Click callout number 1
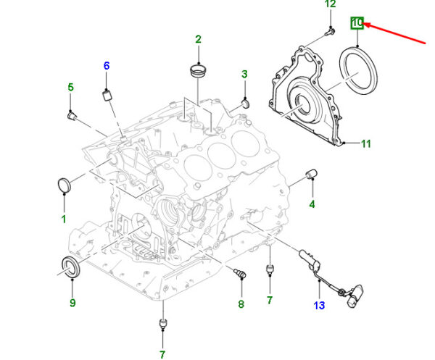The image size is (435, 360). click(x=64, y=219)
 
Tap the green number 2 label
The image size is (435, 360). click(x=198, y=39)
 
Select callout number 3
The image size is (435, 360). click(x=244, y=75)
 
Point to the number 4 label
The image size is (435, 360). click(x=312, y=204)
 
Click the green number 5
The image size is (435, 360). click(x=71, y=88)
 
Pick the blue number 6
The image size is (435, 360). click(x=107, y=66)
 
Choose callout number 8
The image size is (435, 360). click(x=241, y=304)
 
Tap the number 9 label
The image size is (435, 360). click(x=72, y=303)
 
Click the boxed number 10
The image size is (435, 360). click(x=357, y=22)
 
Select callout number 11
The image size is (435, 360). click(x=366, y=143)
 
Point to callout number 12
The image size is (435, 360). click(x=331, y=4)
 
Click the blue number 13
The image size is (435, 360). click(x=319, y=306)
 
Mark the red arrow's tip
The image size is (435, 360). click(x=363, y=25)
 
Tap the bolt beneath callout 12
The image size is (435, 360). click(x=330, y=32)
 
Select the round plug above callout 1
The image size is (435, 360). click(x=65, y=185)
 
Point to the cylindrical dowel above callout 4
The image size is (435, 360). click(x=312, y=174)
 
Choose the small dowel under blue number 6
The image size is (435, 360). click(x=107, y=96)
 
